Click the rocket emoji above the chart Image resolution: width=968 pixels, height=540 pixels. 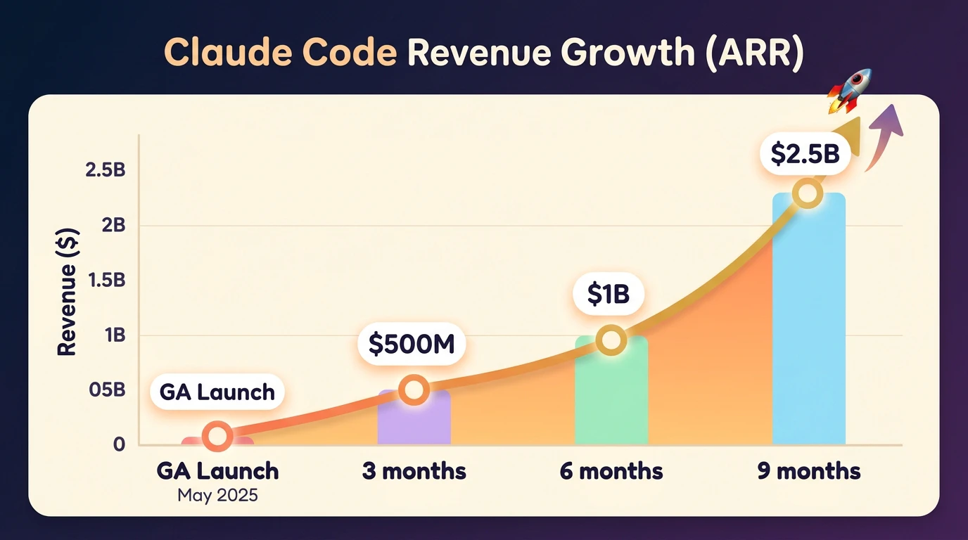849,91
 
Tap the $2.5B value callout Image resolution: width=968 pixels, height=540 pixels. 805,154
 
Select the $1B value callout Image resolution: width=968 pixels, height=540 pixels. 609,294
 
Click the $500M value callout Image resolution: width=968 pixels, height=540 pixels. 412,345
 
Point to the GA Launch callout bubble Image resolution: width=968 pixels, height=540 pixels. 217,392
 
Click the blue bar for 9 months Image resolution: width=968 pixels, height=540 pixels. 808,319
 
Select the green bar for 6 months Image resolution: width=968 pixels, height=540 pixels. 611,390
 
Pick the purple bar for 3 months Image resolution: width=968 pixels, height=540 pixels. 414,418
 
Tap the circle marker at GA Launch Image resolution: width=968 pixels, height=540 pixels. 217,437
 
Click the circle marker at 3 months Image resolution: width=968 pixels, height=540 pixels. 414,390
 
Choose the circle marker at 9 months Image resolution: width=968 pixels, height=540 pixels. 807,193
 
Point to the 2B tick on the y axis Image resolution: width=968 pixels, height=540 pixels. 114,225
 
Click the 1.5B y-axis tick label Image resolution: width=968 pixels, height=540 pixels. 107,280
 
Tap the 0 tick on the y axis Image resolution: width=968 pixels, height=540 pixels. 120,444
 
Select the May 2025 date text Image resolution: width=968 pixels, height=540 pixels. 217,495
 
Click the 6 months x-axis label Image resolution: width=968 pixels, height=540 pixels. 611,470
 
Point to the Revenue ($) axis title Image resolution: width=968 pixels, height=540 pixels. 67,292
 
